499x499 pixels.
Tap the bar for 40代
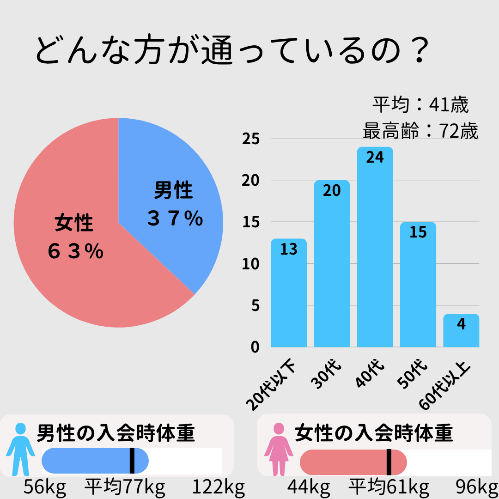coord(375,249)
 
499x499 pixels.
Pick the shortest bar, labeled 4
coord(461,331)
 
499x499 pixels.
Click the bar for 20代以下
coord(288,296)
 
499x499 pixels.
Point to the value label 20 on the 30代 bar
coord(332,190)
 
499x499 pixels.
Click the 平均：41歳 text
coord(420,105)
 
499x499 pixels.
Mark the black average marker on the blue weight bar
coord(132,461)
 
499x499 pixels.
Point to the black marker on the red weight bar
coord(389,462)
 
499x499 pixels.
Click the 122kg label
coord(218,487)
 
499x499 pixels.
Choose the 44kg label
coord(309,487)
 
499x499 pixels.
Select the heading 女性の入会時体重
coord(373,433)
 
